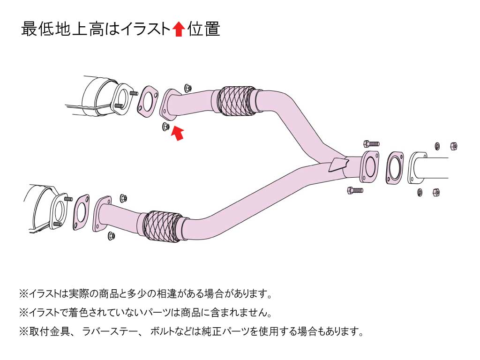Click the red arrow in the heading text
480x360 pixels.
pyautogui.click(x=178, y=30)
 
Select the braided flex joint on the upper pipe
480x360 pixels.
pyautogui.click(x=238, y=100)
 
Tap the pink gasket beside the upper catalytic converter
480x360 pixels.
pyautogui.click(x=147, y=101)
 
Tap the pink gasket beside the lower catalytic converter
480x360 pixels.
pyautogui.click(x=81, y=212)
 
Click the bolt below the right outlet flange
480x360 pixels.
pyautogui.click(x=355, y=190)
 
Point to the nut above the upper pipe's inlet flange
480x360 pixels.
pyautogui.click(x=188, y=88)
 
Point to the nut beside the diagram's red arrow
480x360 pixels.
pyautogui.click(x=165, y=126)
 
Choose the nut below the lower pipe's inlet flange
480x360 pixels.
pyautogui.click(x=112, y=235)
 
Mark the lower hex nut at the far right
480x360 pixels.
pyautogui.click(x=435, y=191)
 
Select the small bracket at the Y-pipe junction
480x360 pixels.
pyautogui.click(x=339, y=165)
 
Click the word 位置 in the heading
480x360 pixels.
pyautogui.click(x=204, y=29)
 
